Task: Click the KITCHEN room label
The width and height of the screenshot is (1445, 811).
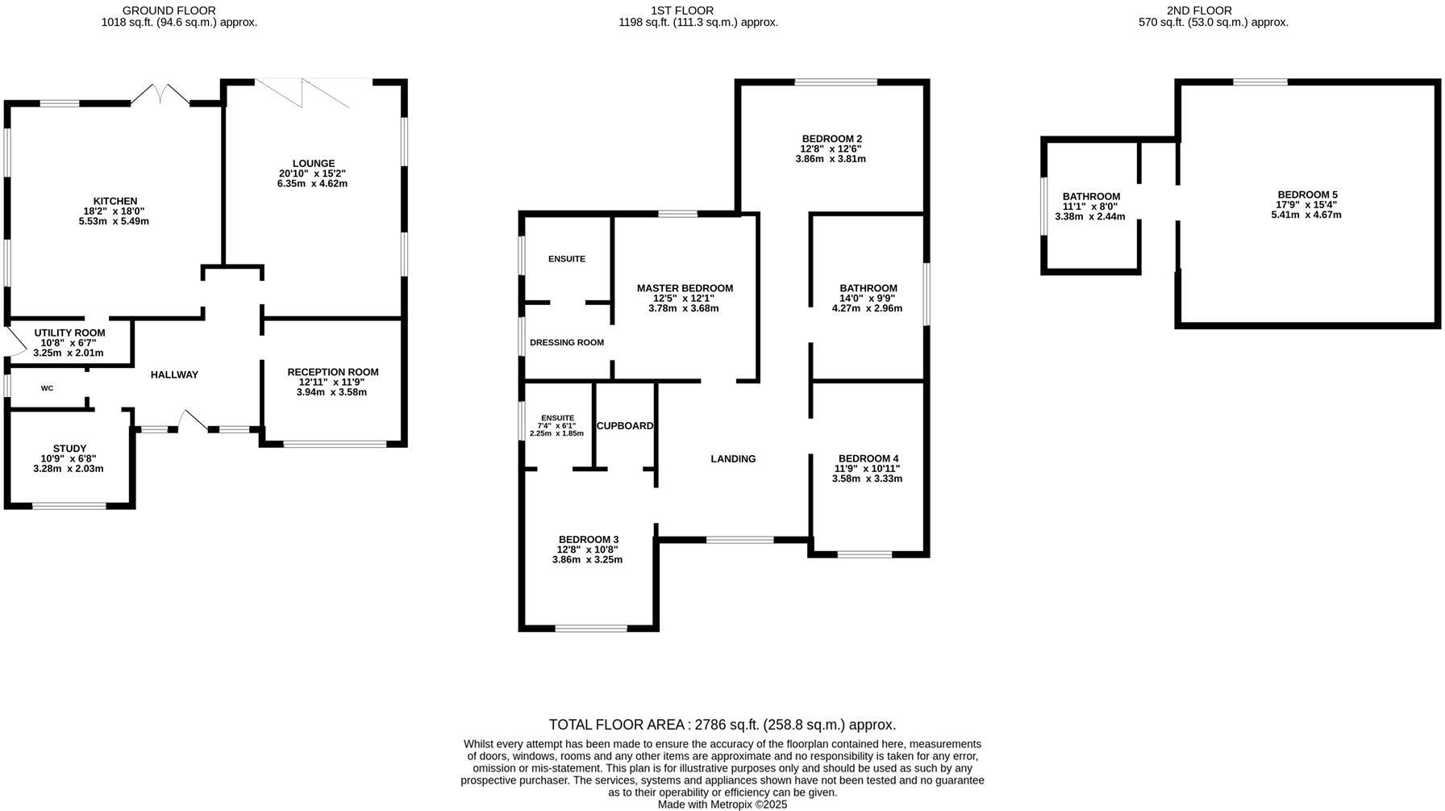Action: point(115,201)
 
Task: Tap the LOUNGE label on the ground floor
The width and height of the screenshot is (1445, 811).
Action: point(313,164)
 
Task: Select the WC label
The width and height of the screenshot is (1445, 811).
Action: point(47,388)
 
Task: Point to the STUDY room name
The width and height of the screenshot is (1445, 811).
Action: point(69,449)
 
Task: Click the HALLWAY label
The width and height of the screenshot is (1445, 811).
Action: point(174,374)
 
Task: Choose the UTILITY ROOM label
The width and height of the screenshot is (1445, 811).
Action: point(69,332)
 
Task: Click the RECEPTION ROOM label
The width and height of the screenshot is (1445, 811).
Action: point(332,372)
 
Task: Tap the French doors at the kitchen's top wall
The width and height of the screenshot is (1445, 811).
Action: point(160,94)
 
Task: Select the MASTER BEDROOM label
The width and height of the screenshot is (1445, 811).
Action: point(685,288)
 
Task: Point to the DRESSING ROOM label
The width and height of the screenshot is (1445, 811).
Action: point(567,342)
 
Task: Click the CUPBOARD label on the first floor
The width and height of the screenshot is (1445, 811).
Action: point(625,426)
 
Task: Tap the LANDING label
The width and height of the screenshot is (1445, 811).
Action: point(733,459)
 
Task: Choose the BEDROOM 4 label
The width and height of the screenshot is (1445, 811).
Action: point(868,458)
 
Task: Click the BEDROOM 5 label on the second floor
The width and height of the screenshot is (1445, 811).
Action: point(1307,194)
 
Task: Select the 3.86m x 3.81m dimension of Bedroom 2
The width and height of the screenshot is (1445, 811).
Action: point(830,159)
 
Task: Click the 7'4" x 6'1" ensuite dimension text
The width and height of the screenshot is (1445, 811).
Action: point(557,425)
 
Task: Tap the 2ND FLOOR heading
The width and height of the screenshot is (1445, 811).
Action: point(1198,10)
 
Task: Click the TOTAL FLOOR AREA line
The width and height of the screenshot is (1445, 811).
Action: point(722,725)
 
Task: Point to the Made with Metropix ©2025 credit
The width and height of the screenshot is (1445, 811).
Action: point(722,805)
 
